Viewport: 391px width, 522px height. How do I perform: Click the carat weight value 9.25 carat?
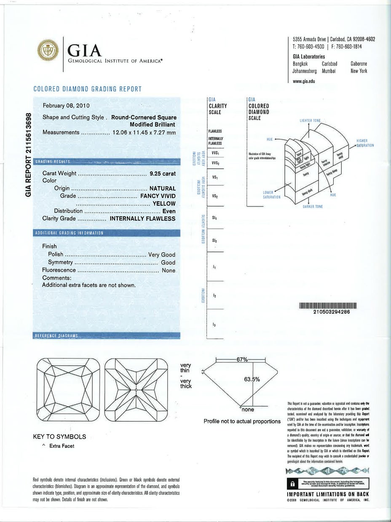pyautogui.click(x=163, y=173)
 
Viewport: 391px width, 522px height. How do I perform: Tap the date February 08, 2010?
pyautogui.click(x=66, y=105)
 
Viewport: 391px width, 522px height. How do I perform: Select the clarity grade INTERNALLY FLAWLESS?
pyautogui.click(x=142, y=219)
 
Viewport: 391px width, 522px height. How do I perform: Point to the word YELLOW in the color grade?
pyautogui.click(x=164, y=203)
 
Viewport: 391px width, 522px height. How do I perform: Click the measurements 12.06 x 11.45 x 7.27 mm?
pyautogui.click(x=144, y=132)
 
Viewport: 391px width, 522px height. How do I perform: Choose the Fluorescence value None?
pyautogui.click(x=169, y=270)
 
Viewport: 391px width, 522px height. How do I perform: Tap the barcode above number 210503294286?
pyautogui.click(x=328, y=305)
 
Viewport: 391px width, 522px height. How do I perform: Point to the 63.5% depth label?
pyautogui.click(x=252, y=379)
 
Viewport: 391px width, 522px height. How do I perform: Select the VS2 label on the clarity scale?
pyautogui.click(x=215, y=196)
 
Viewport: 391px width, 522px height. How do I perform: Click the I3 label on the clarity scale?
pyautogui.click(x=214, y=325)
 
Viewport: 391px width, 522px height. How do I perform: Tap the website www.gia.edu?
pyautogui.click(x=304, y=81)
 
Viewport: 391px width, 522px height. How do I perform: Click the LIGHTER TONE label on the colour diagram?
pyautogui.click(x=310, y=121)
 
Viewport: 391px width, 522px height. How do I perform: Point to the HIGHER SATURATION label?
pyautogui.click(x=365, y=143)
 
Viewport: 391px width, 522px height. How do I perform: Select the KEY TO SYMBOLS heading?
pyautogui.click(x=59, y=437)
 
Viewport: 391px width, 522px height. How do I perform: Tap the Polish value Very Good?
pyautogui.click(x=162, y=255)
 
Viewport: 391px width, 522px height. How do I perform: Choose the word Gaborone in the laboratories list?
pyautogui.click(x=359, y=64)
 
